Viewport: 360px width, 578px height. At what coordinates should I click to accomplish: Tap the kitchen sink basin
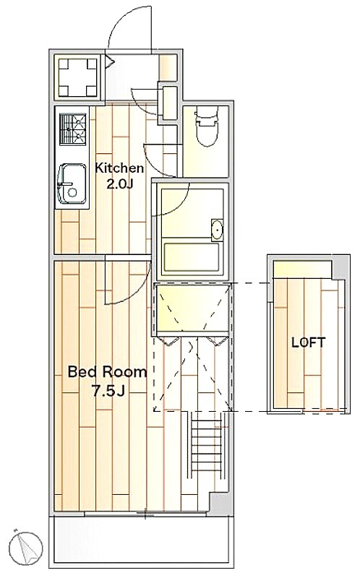point(72,184)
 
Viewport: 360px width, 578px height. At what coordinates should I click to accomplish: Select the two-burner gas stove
point(73,129)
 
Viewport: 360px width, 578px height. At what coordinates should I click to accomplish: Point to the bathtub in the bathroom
point(192,257)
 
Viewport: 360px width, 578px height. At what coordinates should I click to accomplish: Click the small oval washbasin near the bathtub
point(218,230)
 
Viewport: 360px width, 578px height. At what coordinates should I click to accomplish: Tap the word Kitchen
point(119,168)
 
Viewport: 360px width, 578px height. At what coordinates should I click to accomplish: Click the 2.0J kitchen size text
point(119,184)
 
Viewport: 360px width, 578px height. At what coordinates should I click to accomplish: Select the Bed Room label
point(107,371)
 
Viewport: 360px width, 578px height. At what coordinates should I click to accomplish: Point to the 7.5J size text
point(108,391)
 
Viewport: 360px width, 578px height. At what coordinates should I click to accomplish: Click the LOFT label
point(309,342)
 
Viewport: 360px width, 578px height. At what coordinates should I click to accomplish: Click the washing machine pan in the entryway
point(77,77)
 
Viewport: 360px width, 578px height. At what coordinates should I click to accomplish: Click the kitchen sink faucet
point(64,184)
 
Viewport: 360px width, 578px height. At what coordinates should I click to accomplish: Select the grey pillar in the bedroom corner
point(219,501)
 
